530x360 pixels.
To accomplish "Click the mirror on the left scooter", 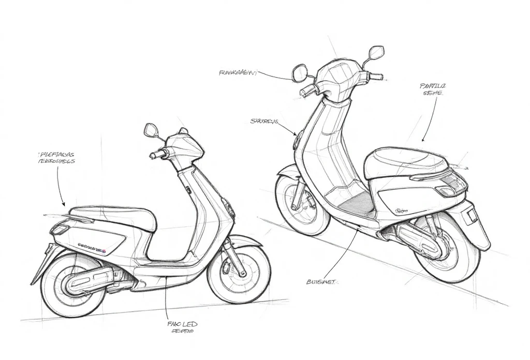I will pyautogui.click(x=151, y=130).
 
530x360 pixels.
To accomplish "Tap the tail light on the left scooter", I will pyautogui.click(x=61, y=228).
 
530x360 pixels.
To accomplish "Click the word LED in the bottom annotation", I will pyautogui.click(x=188, y=324).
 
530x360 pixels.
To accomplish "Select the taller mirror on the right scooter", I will pyautogui.click(x=376, y=53).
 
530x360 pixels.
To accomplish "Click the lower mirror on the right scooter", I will pyautogui.click(x=299, y=73).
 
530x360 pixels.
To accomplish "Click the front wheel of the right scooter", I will pyautogui.click(x=302, y=204).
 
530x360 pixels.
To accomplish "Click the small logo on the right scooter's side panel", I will pyautogui.click(x=401, y=211).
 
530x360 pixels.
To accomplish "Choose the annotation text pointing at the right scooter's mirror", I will pyautogui.click(x=237, y=73).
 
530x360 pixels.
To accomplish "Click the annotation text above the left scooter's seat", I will pyautogui.click(x=57, y=157).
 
